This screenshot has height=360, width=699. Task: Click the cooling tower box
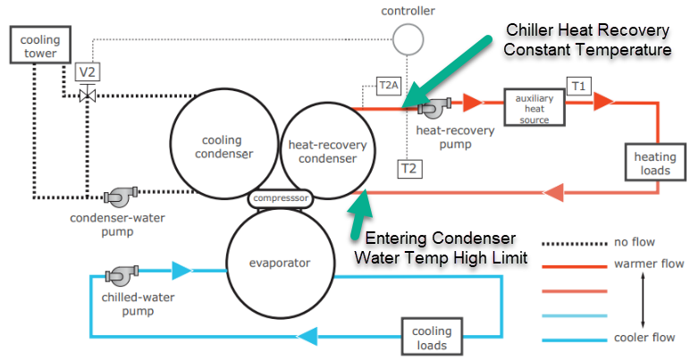34,46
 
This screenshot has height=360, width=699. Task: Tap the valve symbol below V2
88,95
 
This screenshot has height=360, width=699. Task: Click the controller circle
408,38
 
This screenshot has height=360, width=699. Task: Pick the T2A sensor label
389,86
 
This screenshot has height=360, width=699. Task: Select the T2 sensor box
408,168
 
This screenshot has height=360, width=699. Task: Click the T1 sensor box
580,86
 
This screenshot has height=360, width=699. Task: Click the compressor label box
280,197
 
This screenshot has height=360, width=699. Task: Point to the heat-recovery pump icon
437,108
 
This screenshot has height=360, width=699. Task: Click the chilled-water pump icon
119,274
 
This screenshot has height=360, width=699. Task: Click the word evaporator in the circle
280,263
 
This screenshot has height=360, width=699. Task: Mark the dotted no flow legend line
575,241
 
